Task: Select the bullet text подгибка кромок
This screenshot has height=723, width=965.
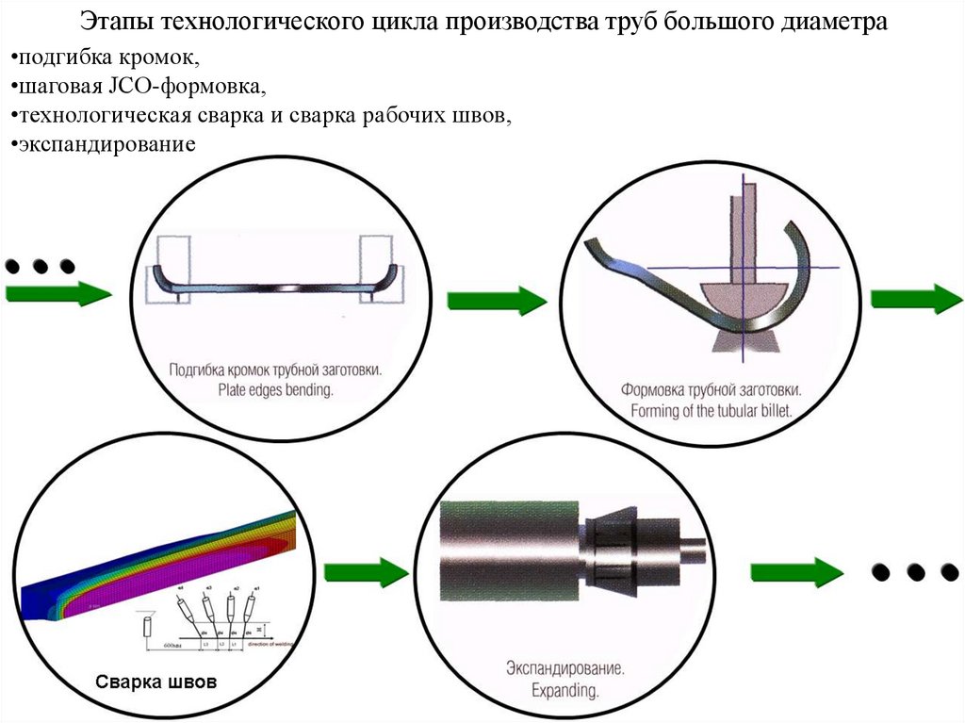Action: (x=106, y=59)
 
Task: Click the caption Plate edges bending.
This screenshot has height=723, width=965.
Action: (x=275, y=388)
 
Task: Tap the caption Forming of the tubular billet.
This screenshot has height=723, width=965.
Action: (x=711, y=411)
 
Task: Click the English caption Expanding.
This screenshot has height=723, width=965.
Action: (x=564, y=690)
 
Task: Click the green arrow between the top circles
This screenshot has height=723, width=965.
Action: (x=496, y=301)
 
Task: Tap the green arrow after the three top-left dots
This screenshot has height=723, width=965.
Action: (x=57, y=293)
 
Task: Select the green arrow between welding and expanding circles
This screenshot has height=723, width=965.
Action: (x=367, y=571)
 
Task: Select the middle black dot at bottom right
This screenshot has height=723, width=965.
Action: (x=913, y=571)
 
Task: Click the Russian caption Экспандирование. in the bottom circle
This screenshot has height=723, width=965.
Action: (x=564, y=668)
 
